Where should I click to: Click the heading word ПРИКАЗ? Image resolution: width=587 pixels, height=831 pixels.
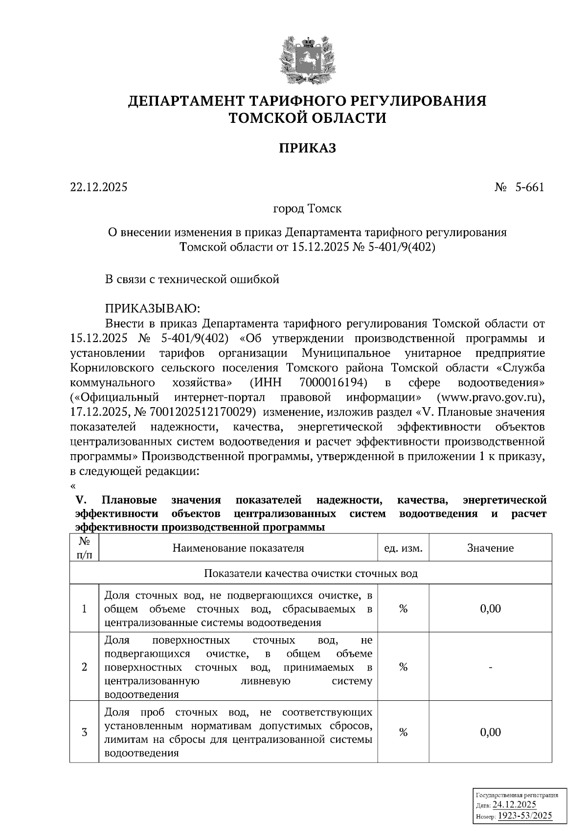[x=307, y=148]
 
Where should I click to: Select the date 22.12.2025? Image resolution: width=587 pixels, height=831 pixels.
[x=98, y=187]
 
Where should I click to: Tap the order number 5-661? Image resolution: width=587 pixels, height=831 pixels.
[x=529, y=187]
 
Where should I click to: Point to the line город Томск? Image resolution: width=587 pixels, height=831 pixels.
[x=307, y=209]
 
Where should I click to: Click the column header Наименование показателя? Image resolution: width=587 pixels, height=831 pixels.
[x=238, y=548]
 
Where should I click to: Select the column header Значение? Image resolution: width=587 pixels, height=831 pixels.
[x=490, y=548]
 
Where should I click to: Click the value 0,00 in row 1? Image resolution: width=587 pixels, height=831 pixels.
[x=490, y=609]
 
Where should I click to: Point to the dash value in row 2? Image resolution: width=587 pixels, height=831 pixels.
[x=490, y=667]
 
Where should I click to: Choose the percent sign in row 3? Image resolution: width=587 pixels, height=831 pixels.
[x=403, y=732]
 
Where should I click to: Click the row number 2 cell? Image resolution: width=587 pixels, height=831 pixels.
[x=84, y=667]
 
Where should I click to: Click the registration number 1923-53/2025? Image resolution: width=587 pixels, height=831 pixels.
[x=525, y=815]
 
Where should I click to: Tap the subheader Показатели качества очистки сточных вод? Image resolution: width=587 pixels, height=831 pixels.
[x=311, y=573]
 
